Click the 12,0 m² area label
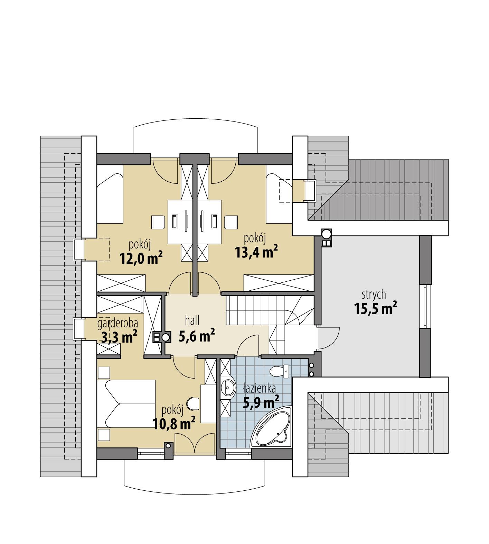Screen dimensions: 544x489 tap(141, 258)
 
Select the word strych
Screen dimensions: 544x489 tap(374, 295)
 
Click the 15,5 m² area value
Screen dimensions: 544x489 tap(375, 308)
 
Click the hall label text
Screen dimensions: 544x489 tap(192, 321)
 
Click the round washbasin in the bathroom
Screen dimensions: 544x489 tap(228, 388)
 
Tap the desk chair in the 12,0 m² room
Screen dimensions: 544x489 tap(158, 222)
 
